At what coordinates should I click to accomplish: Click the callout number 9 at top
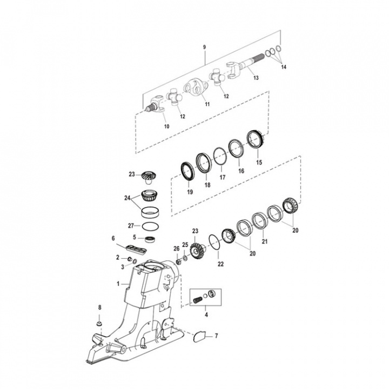(204, 48)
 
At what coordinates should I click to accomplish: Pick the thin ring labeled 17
(220, 157)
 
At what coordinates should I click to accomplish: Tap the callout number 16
(240, 170)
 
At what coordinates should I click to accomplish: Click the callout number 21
(264, 242)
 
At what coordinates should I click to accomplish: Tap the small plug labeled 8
(99, 324)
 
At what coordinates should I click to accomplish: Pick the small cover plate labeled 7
(198, 336)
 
